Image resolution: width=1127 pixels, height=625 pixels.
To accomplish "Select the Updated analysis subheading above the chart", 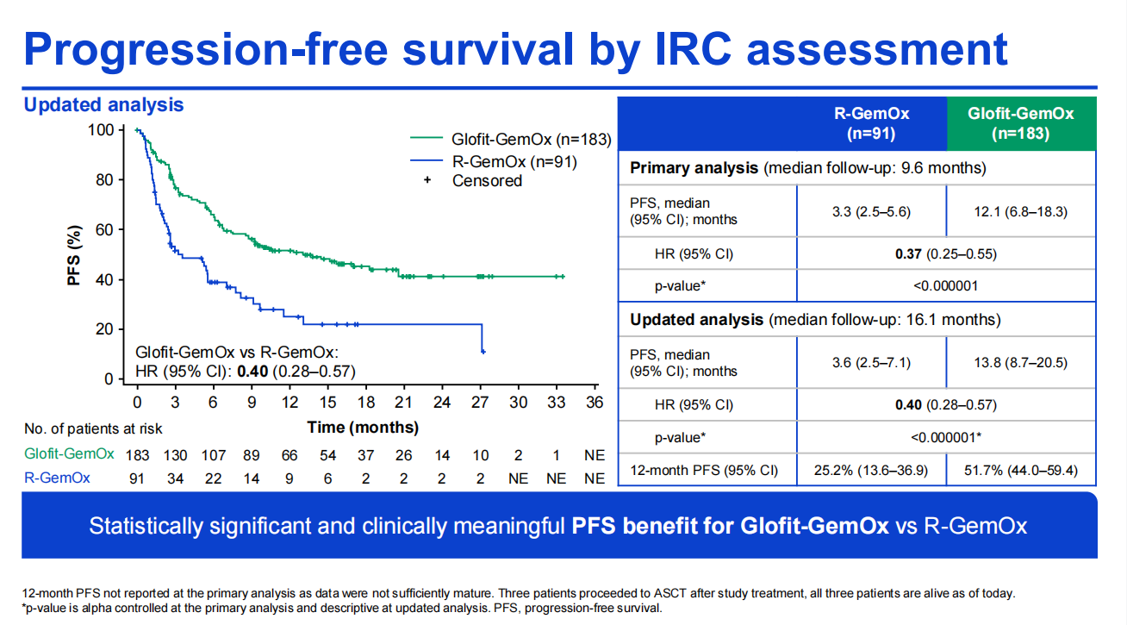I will pos(103,105).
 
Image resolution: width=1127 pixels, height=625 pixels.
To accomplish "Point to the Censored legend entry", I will pos(487,181).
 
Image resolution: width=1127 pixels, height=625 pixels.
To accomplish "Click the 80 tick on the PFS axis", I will pos(103,180).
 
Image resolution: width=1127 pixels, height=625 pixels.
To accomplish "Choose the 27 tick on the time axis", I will pos(480,403).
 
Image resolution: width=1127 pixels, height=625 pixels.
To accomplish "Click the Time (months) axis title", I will pos(363,427).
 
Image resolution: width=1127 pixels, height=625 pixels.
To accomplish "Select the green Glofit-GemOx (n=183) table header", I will pos(1020,123).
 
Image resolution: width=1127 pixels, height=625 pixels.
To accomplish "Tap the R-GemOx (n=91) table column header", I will pos(871,123).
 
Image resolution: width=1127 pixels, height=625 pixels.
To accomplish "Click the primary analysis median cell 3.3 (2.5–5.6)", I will pos(871,211).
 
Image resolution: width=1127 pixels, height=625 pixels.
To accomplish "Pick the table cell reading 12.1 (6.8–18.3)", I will pos(1020,211).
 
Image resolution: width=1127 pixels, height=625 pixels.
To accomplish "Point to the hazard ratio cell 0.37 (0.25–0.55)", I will pos(945,253).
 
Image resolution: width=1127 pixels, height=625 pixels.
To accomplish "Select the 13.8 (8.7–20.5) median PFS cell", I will pos(1020,362).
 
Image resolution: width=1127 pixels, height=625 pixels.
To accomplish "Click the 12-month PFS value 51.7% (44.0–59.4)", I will pos(1020,471).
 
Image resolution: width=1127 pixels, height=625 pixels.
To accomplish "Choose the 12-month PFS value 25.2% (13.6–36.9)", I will pos(871,471).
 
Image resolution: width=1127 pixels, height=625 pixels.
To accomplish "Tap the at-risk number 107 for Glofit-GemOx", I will pos(213,455).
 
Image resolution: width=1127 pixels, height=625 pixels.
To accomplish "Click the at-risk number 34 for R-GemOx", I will pos(175,478).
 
